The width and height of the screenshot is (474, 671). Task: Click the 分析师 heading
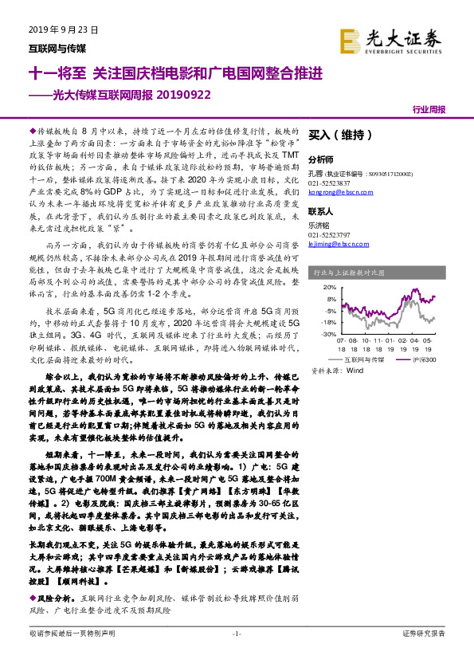pyautogui.click(x=320, y=159)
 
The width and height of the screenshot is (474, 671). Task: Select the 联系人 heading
pyautogui.click(x=320, y=213)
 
